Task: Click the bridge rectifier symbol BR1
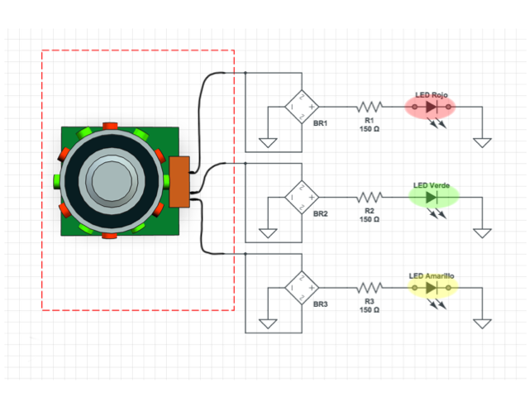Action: coord(302,107)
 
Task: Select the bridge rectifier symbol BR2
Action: coord(302,197)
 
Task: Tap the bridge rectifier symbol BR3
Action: coord(302,288)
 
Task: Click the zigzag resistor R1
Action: coord(369,107)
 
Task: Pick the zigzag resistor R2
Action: coord(369,197)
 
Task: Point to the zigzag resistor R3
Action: coord(369,288)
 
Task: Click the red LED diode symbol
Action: coord(431,108)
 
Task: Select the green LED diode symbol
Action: coord(431,198)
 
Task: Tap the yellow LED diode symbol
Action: coord(431,288)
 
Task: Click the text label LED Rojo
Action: coord(431,95)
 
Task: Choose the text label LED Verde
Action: coord(431,185)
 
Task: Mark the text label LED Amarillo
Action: coord(431,275)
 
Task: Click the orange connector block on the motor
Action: coord(179,181)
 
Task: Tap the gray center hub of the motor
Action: coord(110,179)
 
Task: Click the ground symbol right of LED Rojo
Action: coord(483,142)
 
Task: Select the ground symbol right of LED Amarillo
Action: coord(483,323)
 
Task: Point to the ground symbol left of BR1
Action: coord(268,142)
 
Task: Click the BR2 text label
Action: coord(321,213)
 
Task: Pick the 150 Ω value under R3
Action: coord(369,310)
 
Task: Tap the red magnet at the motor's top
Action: coord(110,126)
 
